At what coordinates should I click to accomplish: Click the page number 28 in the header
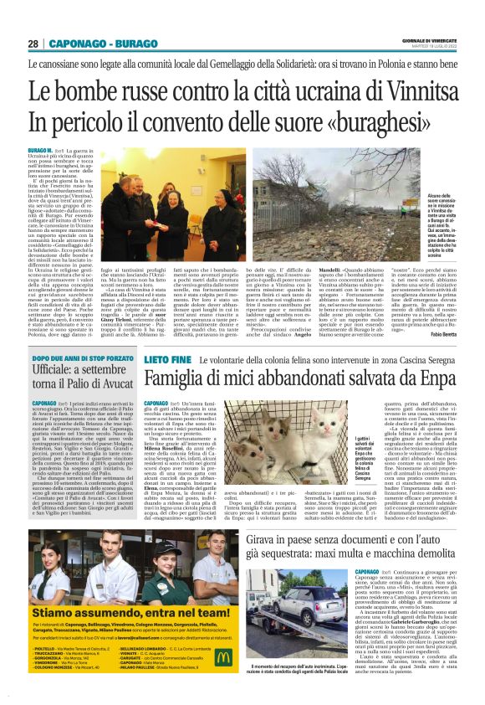coord(33,44)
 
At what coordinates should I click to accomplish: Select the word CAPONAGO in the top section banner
coord(71,44)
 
